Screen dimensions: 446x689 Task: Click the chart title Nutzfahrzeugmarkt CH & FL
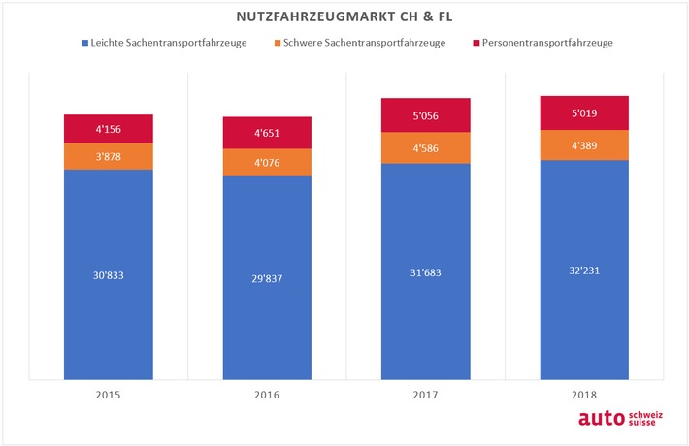[344, 17]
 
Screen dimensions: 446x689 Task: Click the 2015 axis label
[108, 396]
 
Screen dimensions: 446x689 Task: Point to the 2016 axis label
[267, 396]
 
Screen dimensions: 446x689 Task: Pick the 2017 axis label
[425, 396]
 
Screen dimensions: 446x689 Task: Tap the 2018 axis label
[584, 396]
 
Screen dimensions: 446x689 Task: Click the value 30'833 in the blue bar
[108, 275]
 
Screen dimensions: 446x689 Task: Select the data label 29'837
[267, 278]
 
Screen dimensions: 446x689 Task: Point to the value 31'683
[425, 271]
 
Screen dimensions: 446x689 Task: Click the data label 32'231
[584, 271]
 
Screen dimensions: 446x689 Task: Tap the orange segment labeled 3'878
[108, 156]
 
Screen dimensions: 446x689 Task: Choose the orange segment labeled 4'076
[267, 162]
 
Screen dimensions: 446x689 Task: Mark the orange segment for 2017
[425, 147]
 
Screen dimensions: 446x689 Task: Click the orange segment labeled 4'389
[584, 144]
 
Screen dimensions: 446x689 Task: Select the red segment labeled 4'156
[108, 128]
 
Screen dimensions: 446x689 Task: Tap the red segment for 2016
[267, 133]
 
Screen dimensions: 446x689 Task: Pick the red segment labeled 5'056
[425, 114]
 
